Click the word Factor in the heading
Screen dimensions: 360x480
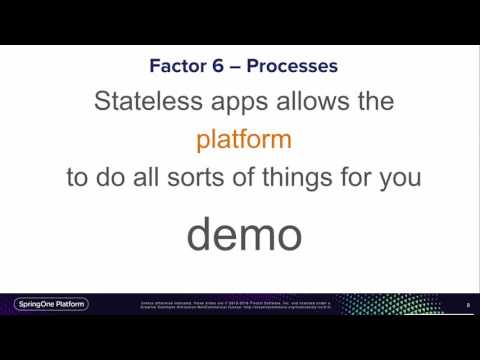[176, 67]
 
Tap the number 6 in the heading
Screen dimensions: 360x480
[217, 67]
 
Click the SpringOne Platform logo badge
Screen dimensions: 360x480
[50, 304]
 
